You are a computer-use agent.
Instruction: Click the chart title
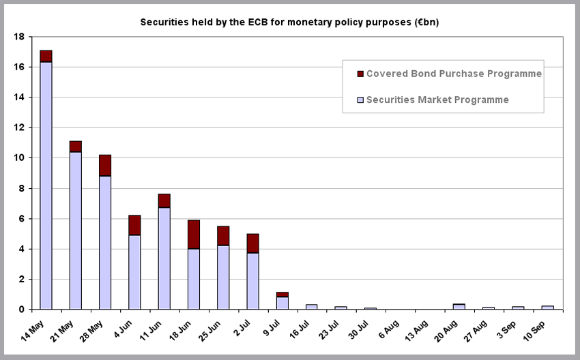point(289,22)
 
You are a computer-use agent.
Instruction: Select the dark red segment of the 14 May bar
point(46,56)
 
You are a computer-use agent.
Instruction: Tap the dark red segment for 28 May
point(105,166)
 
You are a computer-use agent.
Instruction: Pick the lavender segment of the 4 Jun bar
point(134,272)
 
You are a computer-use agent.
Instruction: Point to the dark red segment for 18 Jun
point(194,234)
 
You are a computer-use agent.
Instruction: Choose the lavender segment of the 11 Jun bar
point(164,258)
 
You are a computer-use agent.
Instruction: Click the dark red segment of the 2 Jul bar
point(252,243)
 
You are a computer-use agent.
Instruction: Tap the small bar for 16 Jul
point(312,307)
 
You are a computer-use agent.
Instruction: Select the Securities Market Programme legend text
point(437,100)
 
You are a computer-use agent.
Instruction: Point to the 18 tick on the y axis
point(20,37)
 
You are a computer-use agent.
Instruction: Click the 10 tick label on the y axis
point(20,158)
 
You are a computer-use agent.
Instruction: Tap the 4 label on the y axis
point(23,249)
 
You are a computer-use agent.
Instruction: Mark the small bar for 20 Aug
point(459,307)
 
